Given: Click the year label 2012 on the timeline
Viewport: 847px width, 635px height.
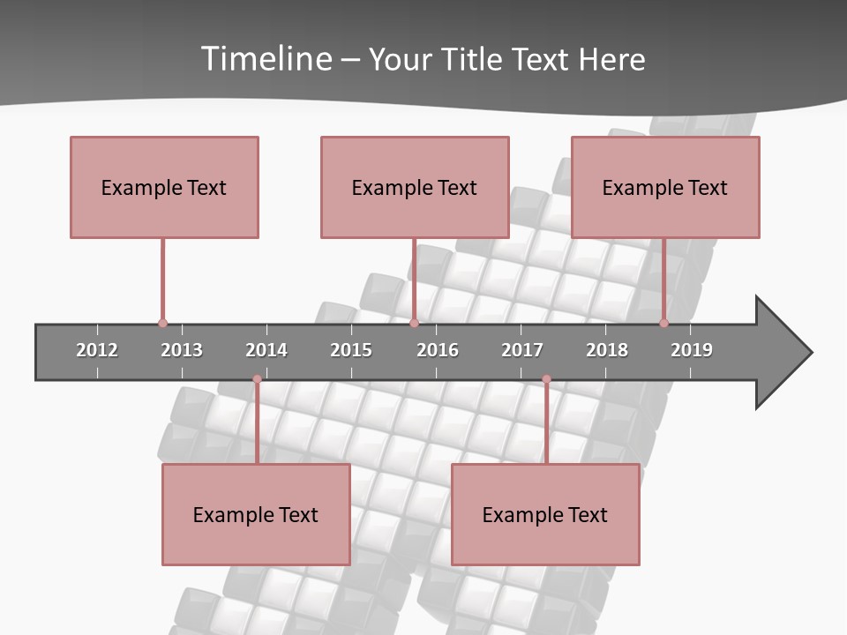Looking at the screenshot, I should (97, 350).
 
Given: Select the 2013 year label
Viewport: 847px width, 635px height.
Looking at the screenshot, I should (182, 350).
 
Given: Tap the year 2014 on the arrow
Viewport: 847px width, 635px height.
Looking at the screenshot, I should (266, 350).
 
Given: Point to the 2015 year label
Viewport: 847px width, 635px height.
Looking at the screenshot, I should (351, 350).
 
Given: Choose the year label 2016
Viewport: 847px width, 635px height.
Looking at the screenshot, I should (438, 350).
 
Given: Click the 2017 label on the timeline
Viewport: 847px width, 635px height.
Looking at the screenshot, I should (522, 350).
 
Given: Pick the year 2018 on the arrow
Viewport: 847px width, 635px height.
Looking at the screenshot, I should (607, 350).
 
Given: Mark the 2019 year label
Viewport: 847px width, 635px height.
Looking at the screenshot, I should (692, 350).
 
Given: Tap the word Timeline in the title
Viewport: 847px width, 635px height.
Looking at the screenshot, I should (266, 59).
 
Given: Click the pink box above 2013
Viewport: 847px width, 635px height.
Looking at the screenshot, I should (164, 187).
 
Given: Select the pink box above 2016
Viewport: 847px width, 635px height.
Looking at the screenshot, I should (415, 187).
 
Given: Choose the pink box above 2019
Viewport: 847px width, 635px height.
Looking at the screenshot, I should (665, 187).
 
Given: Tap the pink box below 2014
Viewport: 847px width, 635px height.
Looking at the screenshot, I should (256, 514).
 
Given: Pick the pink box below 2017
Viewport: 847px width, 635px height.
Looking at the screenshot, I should (545, 514).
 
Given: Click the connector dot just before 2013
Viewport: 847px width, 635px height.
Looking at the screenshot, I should (162, 323).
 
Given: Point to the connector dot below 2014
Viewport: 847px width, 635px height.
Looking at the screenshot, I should (257, 379).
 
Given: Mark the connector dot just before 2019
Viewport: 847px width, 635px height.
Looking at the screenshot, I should (664, 323).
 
